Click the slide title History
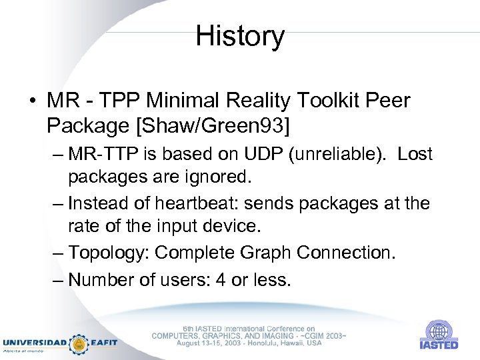pyautogui.click(x=240, y=36)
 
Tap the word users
pyautogui.click(x=180, y=279)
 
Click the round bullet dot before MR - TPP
pyautogui.click(x=32, y=102)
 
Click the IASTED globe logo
pyautogui.click(x=439, y=331)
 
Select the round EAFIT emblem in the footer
pyautogui.click(x=79, y=343)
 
